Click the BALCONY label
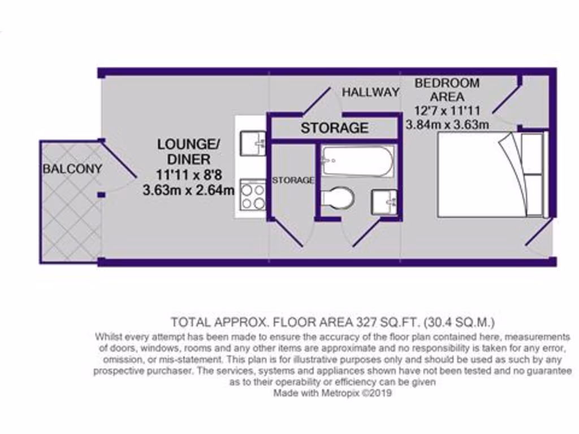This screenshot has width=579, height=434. pos(73,168)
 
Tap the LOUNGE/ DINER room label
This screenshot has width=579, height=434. pos(184,151)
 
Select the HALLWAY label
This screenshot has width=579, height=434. pos(370,92)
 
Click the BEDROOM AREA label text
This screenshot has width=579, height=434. pos(447,89)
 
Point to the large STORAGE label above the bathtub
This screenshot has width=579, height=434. pos(334,128)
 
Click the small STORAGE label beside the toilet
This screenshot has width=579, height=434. pos(293,180)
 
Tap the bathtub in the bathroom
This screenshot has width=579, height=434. pos(357,162)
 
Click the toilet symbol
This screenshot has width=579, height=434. pos(339,198)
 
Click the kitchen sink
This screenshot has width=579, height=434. pos(253,143)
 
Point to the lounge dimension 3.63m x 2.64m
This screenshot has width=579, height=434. pos(188,190)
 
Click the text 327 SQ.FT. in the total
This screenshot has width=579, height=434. pos(386,323)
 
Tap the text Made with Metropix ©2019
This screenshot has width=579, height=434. pos(332,393)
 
